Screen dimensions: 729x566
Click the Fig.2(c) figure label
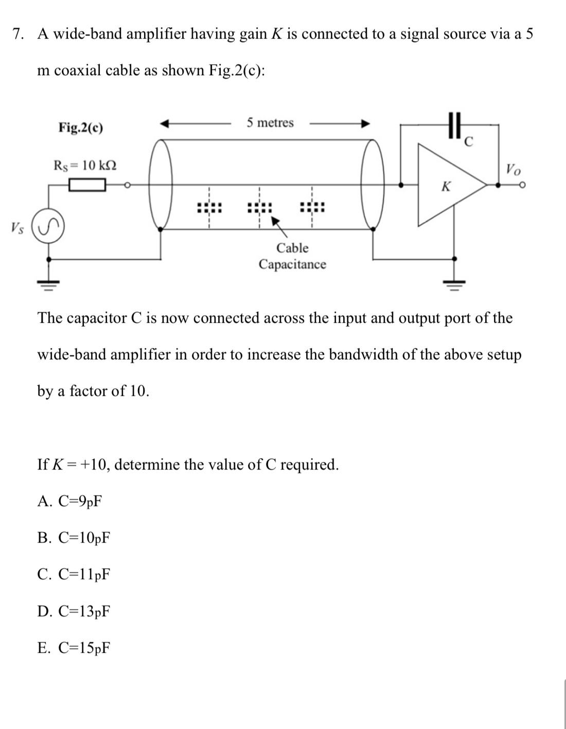tap(80, 127)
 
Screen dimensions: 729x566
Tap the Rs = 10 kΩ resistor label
tap(85, 165)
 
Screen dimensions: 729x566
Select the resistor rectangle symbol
tap(87, 184)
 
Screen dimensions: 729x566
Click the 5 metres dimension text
tap(270, 123)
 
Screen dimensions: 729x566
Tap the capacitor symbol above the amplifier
tap(453, 125)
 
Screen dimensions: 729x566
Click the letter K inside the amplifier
tap(446, 186)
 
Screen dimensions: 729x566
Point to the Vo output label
tap(512, 168)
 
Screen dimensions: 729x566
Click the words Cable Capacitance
tap(292, 256)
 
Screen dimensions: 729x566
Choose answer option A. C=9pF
tap(69, 501)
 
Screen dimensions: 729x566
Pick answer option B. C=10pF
tap(74, 537)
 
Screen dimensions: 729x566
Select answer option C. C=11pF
tap(74, 574)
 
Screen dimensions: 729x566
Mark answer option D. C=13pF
tap(74, 611)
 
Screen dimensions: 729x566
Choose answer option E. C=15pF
tap(74, 648)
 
